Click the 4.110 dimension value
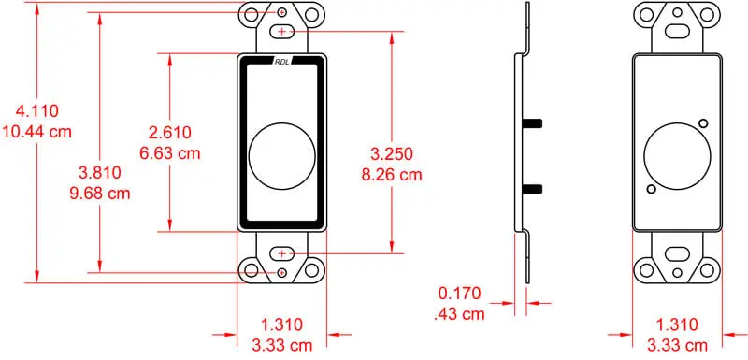(x=36, y=111)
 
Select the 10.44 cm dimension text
(x=36, y=131)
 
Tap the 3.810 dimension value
(x=99, y=173)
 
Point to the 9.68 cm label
(x=99, y=193)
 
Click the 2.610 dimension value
(x=169, y=132)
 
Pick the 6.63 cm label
(x=169, y=152)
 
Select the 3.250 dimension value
(x=392, y=154)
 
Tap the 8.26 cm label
(x=392, y=175)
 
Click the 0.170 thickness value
(x=459, y=294)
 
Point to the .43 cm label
(x=459, y=314)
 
